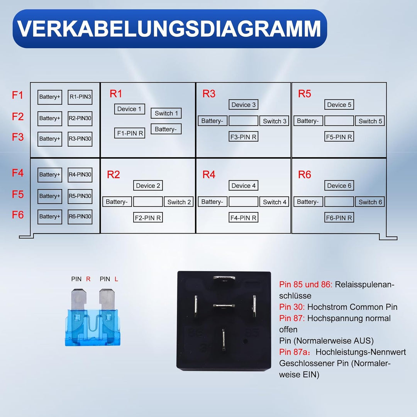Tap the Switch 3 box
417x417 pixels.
click(275, 121)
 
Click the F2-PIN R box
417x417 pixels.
click(148, 218)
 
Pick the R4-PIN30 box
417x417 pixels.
click(80, 175)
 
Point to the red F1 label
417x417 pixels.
click(18, 95)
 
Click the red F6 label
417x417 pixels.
click(18, 215)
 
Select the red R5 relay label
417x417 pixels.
click(304, 94)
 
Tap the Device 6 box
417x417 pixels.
click(339, 186)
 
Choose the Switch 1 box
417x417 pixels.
click(166, 113)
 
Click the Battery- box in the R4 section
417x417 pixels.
click(212, 202)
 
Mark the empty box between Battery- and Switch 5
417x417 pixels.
click(339, 121)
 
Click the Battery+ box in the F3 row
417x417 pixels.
click(50, 139)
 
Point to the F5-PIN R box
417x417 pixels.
click(339, 137)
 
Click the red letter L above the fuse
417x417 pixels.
click(117, 279)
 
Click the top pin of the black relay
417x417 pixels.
click(224, 279)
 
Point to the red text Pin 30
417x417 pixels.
click(292, 307)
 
